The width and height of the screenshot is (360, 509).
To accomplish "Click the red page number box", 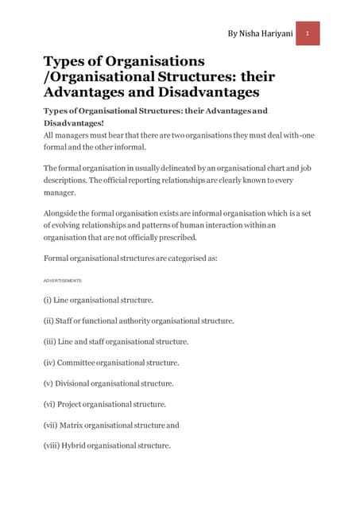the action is (x=308, y=33).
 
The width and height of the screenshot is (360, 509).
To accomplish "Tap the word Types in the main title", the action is (x=65, y=60).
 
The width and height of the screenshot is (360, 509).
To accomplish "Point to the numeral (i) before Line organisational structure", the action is (x=48, y=301).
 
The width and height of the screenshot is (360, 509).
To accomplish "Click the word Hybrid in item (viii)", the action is (x=80, y=445).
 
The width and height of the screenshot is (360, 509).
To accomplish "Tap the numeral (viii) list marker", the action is (x=53, y=445).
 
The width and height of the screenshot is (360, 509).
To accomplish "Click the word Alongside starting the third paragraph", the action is (x=64, y=213).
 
